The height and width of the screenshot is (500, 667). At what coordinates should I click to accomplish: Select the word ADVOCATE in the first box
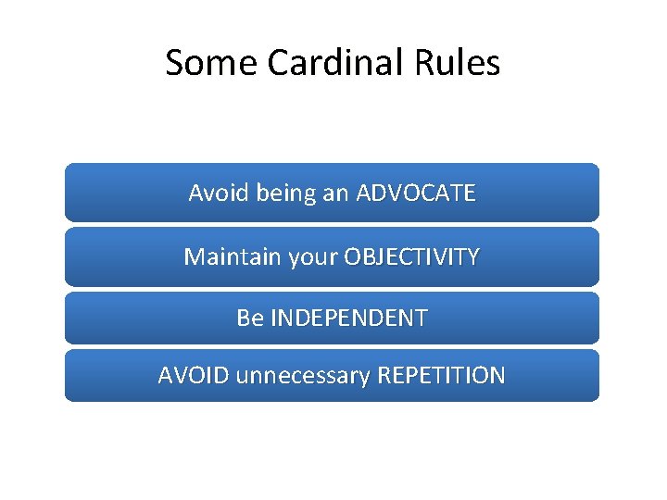[416, 193]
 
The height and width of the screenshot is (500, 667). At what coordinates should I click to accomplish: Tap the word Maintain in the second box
[233, 256]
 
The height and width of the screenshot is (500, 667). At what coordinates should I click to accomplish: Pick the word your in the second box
[313, 257]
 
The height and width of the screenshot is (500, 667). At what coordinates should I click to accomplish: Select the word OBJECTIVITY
[411, 256]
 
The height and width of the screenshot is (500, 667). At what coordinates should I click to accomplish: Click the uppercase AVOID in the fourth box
[194, 376]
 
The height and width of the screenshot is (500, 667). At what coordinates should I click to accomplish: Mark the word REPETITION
[440, 376]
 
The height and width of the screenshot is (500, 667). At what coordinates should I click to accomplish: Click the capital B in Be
[243, 319]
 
